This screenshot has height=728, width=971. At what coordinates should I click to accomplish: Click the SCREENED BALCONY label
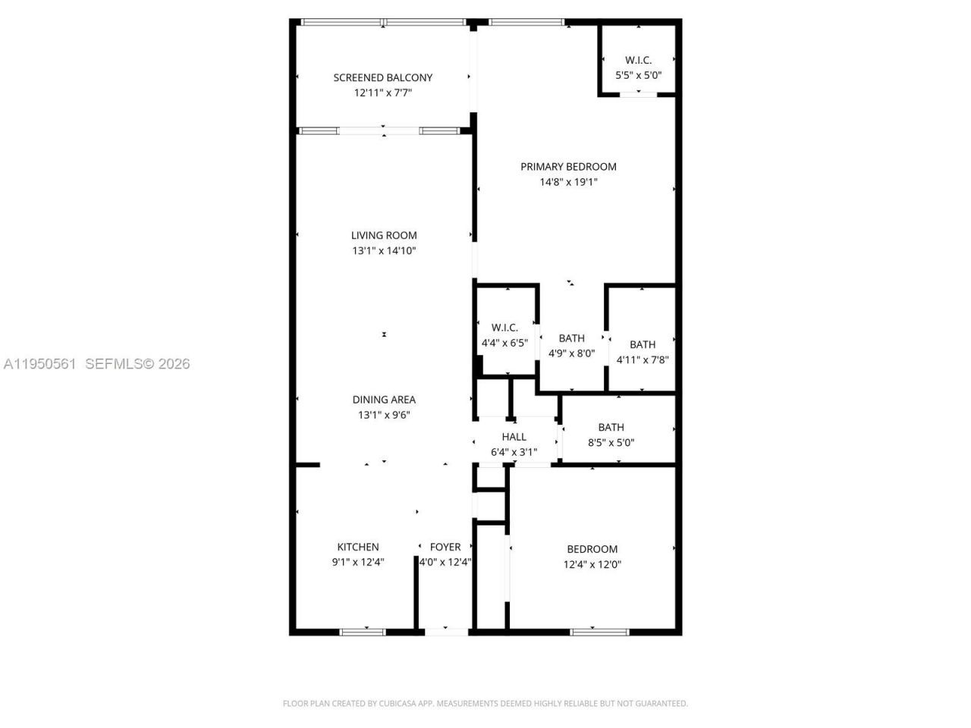383,77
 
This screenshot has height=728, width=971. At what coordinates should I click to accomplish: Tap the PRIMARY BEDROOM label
568,167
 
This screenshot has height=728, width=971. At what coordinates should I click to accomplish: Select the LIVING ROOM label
384,235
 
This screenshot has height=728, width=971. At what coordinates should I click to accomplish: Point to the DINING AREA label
384,400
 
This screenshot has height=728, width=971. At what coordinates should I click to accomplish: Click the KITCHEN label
358,547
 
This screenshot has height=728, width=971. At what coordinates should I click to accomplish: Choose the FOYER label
445,547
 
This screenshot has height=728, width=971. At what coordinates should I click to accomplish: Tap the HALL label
514,437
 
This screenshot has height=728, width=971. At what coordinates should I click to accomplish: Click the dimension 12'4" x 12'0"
592,564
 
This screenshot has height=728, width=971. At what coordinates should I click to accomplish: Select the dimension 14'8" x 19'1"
568,182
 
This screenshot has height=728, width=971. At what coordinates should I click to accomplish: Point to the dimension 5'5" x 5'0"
638,75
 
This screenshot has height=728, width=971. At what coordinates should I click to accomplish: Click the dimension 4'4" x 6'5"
504,343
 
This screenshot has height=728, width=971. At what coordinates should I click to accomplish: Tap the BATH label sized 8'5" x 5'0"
611,427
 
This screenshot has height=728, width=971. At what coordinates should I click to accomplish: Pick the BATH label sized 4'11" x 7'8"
643,344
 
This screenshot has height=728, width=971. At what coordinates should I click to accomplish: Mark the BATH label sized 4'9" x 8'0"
572,338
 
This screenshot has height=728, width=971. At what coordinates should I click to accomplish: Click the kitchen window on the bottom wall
363,631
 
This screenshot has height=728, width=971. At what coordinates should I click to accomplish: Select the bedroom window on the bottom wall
599,631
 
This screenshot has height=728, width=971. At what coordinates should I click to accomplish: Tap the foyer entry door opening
446,631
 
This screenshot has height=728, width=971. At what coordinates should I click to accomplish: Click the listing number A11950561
39,364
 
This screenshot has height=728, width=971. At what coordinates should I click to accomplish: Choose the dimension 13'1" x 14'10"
384,251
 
